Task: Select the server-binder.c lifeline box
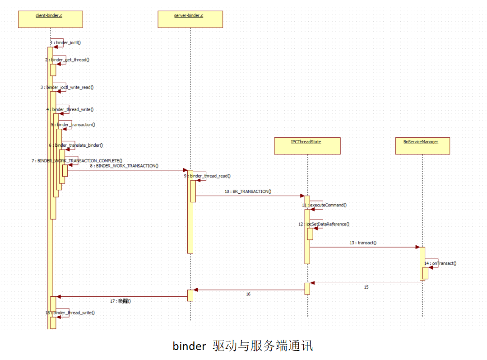coord(190,19)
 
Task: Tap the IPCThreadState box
coord(307,145)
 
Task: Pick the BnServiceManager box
coord(422,145)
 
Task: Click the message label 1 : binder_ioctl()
coord(65,42)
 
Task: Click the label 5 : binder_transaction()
coord(73,124)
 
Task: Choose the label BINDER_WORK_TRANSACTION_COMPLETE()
coord(79,160)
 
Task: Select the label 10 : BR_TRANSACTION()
coord(248,191)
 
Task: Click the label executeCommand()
coord(328,205)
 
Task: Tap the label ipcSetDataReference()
coord(328,224)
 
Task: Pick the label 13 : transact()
coord(363,243)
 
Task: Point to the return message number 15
coord(366,287)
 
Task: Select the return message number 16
coord(248,294)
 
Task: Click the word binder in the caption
coord(189,346)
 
